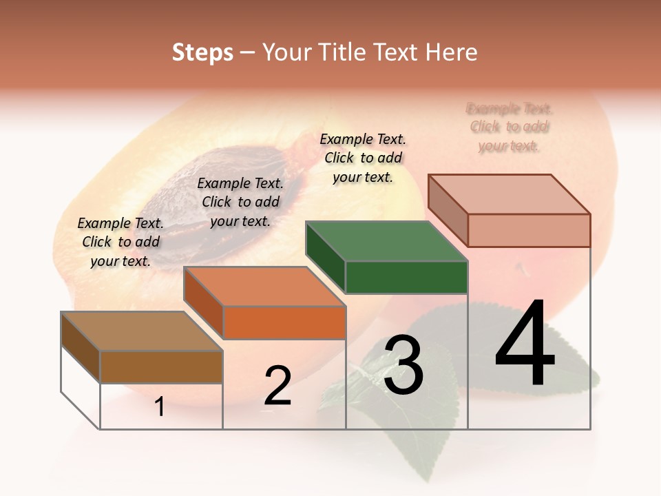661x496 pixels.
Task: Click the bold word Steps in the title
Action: [202, 52]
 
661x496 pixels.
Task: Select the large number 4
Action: [525, 344]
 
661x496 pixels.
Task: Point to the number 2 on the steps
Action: [277, 386]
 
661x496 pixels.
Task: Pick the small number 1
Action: [160, 407]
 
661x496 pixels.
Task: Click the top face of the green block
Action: [386, 242]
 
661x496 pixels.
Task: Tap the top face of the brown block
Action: [141, 331]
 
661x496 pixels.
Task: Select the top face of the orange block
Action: [264, 287]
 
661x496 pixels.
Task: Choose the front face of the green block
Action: [406, 278]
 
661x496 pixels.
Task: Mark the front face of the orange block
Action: [284, 322]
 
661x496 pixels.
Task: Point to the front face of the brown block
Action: [161, 367]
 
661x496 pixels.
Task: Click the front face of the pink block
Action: [529, 230]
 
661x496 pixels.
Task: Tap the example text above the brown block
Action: [120, 242]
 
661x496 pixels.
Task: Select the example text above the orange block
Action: [240, 202]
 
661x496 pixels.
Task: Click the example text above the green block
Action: [363, 158]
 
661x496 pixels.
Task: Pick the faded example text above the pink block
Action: [510, 127]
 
